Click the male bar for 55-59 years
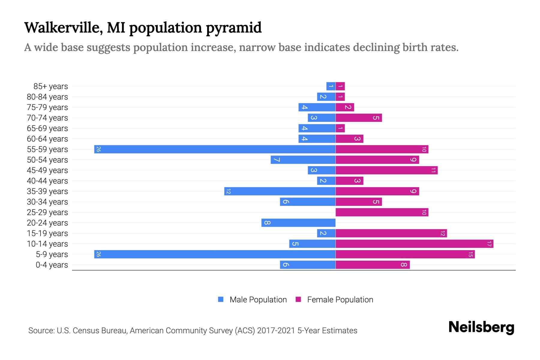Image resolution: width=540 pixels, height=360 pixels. coord(215,149)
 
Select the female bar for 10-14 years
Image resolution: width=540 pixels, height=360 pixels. coord(414,244)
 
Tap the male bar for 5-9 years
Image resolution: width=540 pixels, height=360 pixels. coord(215,254)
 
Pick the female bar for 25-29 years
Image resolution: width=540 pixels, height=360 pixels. coord(382,212)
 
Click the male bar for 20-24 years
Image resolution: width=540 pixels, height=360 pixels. coord(298,223)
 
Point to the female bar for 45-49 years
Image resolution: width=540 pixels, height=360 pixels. coord(386,170)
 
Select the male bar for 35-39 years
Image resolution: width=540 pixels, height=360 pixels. coord(280,191)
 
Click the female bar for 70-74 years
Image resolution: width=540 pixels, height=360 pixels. coord(358,118)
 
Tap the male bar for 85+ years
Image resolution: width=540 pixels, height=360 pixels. coord(331,86)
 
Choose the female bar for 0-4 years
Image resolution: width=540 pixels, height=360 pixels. coord(373,265)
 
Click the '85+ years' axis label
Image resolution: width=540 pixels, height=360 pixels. coord(51,86)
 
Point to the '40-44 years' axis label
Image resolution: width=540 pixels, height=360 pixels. coord(47,181)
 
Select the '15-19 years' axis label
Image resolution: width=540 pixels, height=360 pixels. coord(47,233)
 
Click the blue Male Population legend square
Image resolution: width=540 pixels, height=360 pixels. coord(221,299)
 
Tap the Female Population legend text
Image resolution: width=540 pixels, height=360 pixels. coord(340,300)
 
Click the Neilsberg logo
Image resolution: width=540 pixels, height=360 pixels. coord(481,327)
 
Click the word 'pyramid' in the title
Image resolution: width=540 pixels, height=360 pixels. coord(234,28)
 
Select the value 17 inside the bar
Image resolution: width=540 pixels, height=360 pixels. coord(489,244)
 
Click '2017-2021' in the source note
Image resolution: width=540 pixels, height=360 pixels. coord(276,331)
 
